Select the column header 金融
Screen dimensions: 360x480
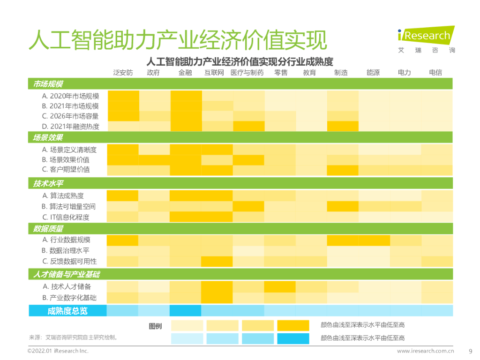click(186, 73)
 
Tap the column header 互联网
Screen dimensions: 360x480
click(214, 73)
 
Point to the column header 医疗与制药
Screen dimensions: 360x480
click(247, 73)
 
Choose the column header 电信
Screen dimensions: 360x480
click(435, 73)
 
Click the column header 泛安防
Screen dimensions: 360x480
click(123, 73)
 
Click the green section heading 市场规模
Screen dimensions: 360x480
click(48, 84)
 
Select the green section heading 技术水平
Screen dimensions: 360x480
click(48, 183)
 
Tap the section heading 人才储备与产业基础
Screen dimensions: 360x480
click(66, 274)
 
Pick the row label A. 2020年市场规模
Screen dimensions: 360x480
click(70, 96)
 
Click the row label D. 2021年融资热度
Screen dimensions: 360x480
click(70, 126)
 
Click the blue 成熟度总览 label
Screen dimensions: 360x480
click(67, 311)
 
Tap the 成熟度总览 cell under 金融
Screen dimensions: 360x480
click(186, 311)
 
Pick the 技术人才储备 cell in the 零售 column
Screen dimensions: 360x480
click(280, 286)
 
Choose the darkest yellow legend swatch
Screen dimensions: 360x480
click(293, 326)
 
